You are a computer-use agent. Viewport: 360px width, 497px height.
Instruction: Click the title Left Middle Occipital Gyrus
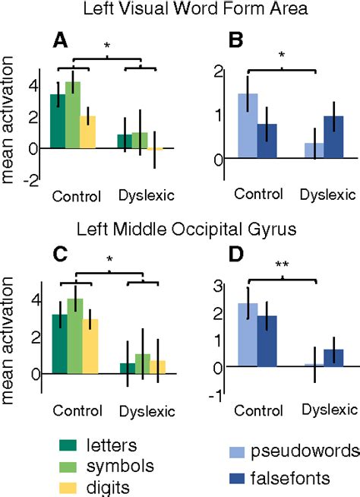coord(179,231)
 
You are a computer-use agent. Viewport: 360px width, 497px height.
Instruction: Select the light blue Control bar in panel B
coord(248,125)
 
